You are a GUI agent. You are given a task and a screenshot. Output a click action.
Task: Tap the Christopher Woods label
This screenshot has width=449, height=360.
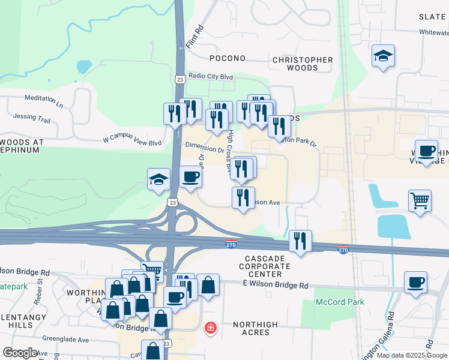[303, 64]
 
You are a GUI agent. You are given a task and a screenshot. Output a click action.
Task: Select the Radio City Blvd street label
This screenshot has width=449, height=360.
[210, 76]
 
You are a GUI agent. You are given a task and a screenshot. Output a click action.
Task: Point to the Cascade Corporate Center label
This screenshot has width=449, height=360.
[268, 266]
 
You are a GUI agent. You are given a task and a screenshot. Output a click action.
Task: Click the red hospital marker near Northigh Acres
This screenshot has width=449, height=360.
[210, 328]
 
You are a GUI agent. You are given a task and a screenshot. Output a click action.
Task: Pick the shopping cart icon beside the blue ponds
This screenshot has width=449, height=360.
[420, 200]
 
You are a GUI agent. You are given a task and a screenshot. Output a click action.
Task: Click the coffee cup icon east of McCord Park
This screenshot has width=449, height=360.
[415, 281]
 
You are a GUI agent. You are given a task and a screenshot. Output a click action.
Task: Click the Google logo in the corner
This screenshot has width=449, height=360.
[20, 353]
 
